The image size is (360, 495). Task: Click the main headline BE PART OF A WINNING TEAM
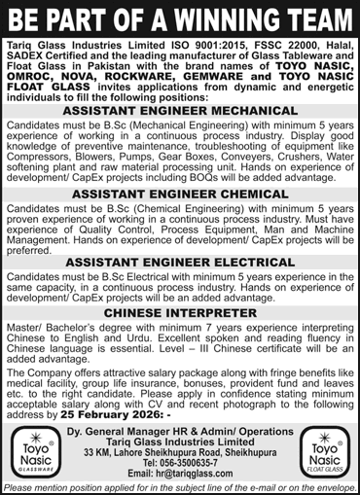(180, 18)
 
